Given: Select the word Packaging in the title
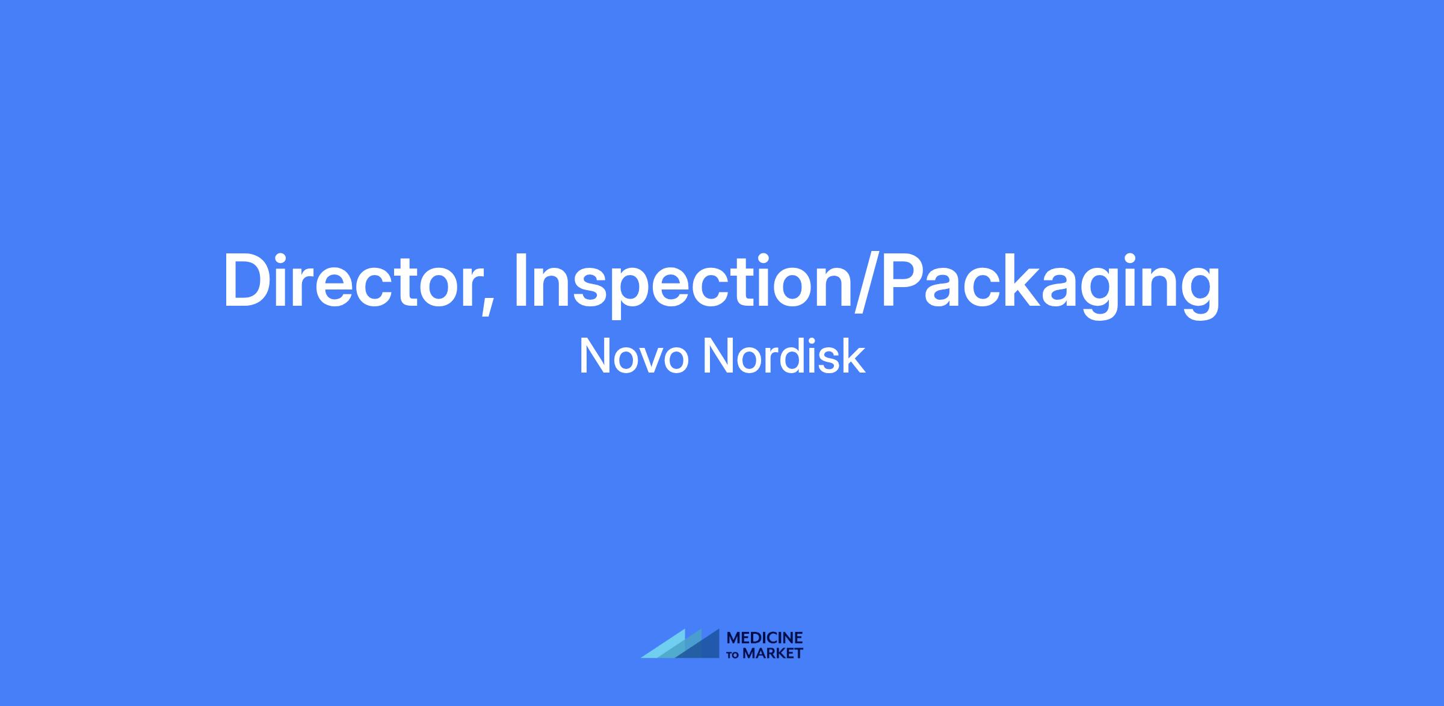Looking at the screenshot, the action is pyautogui.click(x=1051, y=286).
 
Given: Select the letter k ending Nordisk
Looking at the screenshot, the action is pyautogui.click(x=856, y=356).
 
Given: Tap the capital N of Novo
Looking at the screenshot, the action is pyautogui.click(x=594, y=356).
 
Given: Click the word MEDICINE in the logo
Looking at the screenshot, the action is pyautogui.click(x=765, y=638).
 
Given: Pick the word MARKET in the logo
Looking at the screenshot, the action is pyautogui.click(x=773, y=653).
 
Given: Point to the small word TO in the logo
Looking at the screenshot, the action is pyautogui.click(x=734, y=655).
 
